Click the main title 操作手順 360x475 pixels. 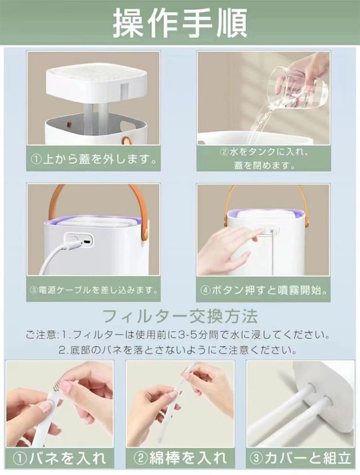[180, 23]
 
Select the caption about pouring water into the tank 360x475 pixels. [263, 159]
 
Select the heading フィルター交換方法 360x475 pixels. [180, 316]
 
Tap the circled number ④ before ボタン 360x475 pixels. [205, 291]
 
